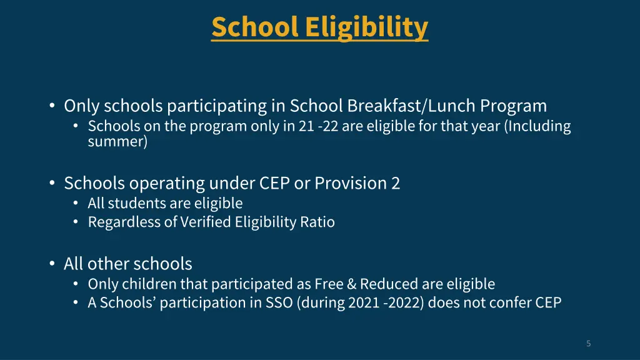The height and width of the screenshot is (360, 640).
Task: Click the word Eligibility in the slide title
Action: click(367, 27)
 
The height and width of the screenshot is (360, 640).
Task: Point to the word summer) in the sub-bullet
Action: click(117, 141)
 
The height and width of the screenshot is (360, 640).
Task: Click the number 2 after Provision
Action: click(396, 183)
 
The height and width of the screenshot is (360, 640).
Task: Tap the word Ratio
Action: click(320, 222)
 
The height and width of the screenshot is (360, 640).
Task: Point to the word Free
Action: click(329, 284)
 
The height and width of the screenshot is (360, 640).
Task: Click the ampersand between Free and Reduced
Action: click(351, 284)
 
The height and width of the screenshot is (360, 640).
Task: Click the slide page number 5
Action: click(588, 343)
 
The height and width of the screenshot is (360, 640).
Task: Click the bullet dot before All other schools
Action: click(52, 264)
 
